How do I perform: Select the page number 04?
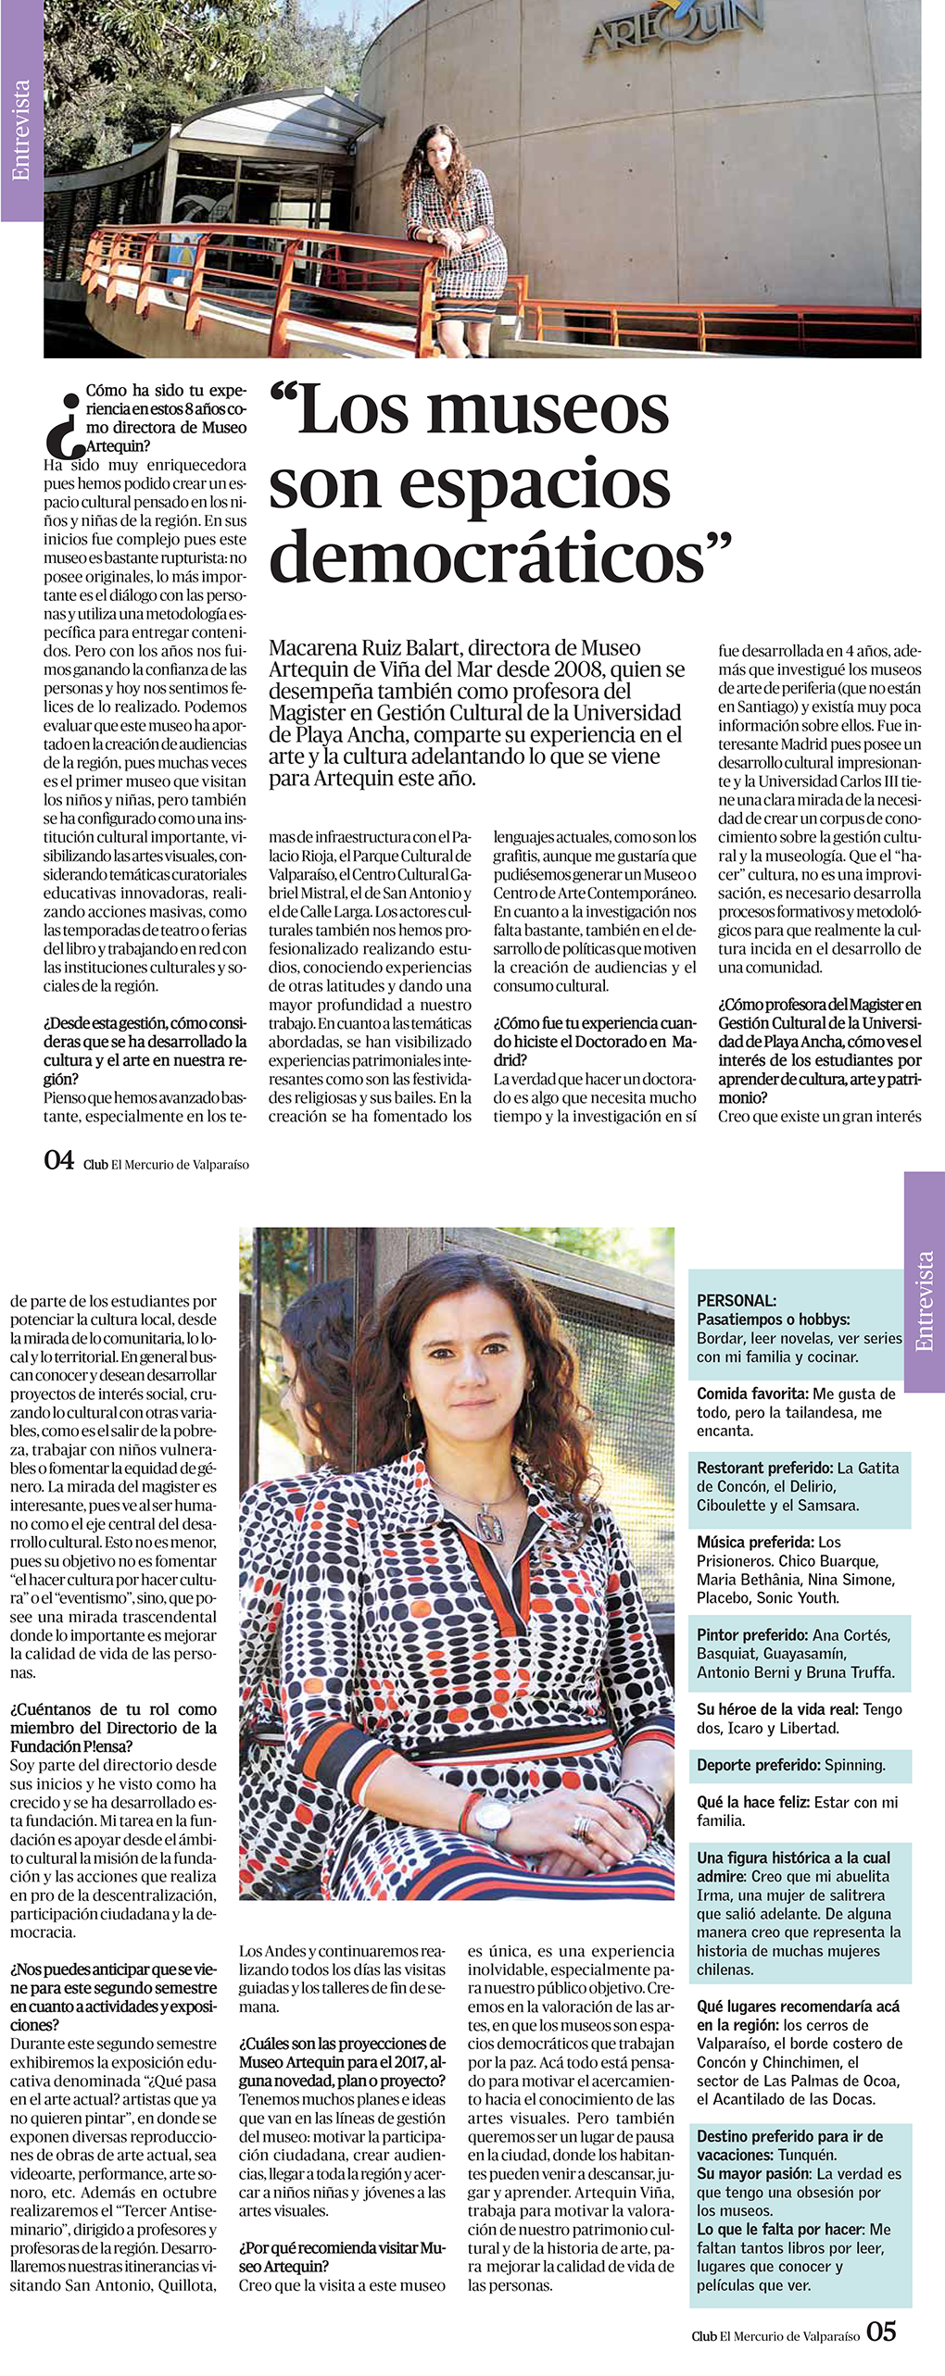click(x=58, y=1160)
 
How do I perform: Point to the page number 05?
click(x=881, y=2332)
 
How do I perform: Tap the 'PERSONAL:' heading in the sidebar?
click(x=737, y=1300)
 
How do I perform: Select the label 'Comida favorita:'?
click(x=753, y=1394)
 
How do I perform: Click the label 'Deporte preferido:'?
click(x=758, y=1765)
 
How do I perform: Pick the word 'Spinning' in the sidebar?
click(x=853, y=1765)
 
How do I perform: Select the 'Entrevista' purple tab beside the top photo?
click(x=21, y=130)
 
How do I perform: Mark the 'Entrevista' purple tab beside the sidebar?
click(x=924, y=1301)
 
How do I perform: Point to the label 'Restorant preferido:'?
click(x=764, y=1468)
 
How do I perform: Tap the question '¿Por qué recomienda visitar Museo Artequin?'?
click(x=342, y=2257)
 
